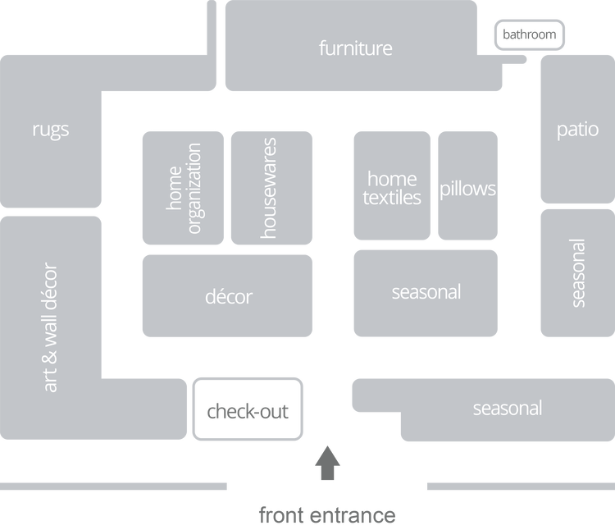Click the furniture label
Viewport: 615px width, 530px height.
(355, 48)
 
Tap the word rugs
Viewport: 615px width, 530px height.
(51, 130)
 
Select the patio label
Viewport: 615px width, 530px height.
(577, 130)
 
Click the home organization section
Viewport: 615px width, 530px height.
(184, 188)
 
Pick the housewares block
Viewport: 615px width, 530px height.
(271, 188)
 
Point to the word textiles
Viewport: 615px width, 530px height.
(392, 198)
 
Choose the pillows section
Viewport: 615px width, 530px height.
(467, 189)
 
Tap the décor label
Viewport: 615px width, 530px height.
(229, 296)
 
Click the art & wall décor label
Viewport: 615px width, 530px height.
(51, 327)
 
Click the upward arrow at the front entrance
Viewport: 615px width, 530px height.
(328, 462)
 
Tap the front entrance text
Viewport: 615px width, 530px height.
(327, 515)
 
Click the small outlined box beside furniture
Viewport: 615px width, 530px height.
(531, 35)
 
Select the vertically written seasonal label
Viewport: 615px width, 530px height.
(578, 272)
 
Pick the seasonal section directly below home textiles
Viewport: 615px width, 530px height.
(426, 292)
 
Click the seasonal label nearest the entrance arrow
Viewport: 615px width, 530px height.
(507, 408)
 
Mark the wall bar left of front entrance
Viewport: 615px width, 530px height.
(114, 487)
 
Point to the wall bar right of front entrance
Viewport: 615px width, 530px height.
(519, 487)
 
